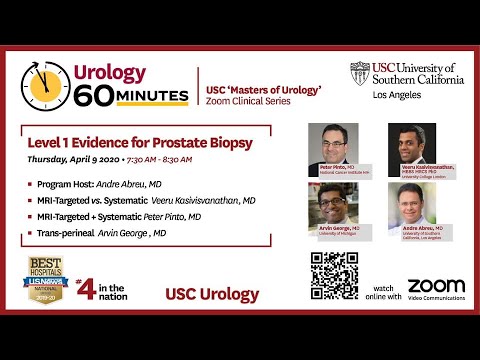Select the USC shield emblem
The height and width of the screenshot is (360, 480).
pos(359,73)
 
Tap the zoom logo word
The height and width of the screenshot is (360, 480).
pos(436,286)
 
